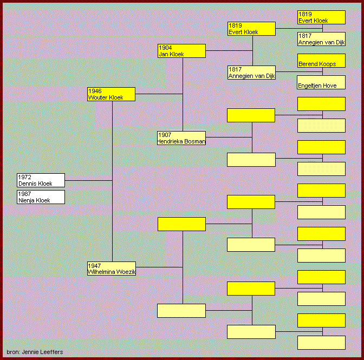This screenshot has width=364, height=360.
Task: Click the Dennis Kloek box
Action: click(41, 180)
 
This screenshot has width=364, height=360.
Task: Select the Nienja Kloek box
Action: click(41, 197)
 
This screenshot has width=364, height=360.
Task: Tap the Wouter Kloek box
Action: click(111, 94)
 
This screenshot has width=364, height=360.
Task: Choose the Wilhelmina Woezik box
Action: click(112, 269)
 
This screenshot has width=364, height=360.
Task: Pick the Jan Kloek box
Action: click(181, 51)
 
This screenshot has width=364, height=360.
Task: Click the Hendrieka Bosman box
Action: click(181, 138)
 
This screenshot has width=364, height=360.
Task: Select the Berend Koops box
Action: click(321, 61)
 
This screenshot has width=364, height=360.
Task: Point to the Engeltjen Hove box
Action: click(321, 82)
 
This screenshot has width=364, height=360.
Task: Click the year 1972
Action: click(24, 177)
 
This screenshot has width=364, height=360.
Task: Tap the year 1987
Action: click(24, 194)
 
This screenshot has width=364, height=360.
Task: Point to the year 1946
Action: click(95, 91)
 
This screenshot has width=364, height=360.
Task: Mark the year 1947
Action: click(94, 266)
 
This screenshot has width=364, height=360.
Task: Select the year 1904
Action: click(165, 48)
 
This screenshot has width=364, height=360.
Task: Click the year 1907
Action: click(165, 135)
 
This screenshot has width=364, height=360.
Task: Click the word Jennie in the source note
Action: click(30, 352)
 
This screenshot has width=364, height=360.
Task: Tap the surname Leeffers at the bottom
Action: click(51, 352)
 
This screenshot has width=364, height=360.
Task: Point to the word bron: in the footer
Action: click(13, 352)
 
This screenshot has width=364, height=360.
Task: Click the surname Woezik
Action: click(126, 272)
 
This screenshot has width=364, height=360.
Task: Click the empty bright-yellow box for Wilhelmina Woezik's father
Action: click(181, 224)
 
